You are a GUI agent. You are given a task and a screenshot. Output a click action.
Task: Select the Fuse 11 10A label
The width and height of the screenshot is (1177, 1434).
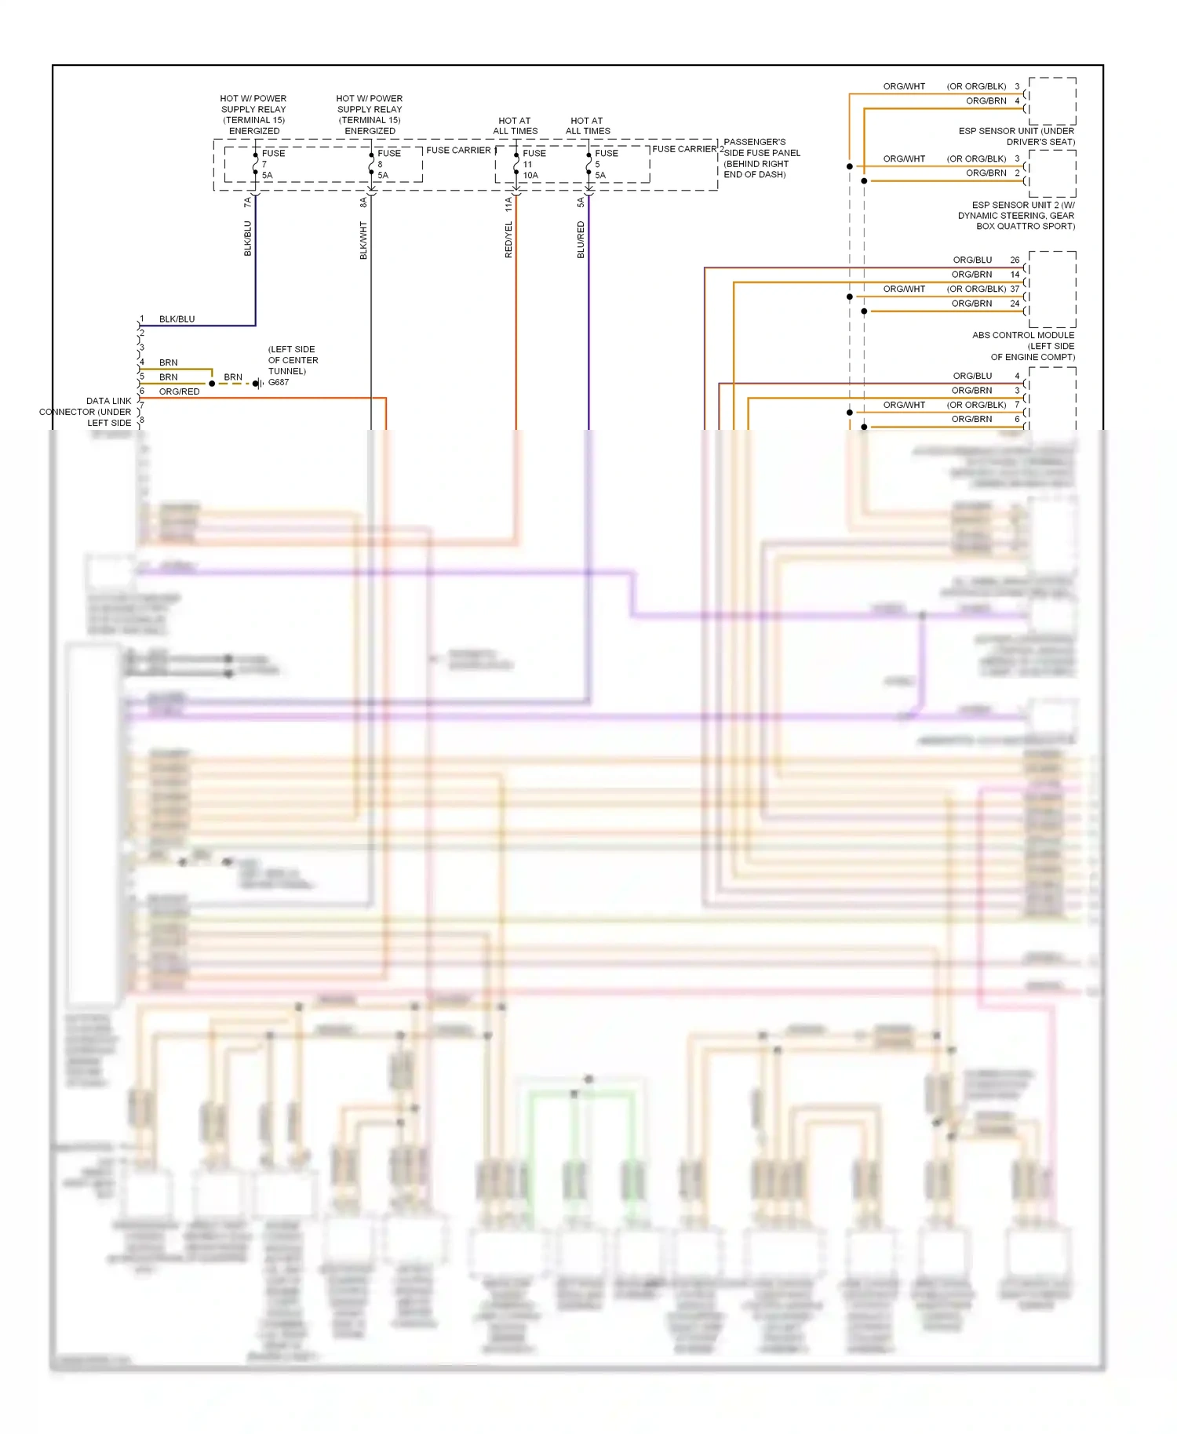click(533, 164)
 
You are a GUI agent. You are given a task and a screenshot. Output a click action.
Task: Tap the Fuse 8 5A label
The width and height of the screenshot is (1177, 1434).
click(388, 164)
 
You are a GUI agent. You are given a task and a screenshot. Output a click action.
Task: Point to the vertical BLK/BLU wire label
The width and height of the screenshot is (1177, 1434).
click(248, 238)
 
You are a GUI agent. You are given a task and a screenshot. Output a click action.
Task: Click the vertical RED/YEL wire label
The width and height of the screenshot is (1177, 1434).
click(508, 239)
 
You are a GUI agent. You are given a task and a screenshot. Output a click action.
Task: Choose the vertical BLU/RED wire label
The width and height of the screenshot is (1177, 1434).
click(581, 239)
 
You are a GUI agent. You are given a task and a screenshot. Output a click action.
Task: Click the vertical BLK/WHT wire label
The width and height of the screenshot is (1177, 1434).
click(363, 240)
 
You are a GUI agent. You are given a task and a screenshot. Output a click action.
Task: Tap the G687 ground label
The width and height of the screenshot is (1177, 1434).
click(279, 383)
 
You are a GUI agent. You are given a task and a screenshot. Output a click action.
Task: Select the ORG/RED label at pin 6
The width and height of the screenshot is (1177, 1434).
click(179, 391)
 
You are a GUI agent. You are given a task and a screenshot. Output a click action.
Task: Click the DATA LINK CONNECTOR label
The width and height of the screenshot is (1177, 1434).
click(86, 411)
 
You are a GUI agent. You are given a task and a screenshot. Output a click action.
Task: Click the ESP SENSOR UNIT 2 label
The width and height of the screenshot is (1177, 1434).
click(1016, 215)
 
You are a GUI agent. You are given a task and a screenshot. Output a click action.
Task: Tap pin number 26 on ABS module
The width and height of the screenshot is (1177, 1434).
click(1015, 260)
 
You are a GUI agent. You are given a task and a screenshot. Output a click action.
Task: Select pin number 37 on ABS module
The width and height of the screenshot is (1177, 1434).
click(1015, 289)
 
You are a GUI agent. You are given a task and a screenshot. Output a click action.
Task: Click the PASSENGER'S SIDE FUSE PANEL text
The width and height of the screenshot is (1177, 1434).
click(761, 158)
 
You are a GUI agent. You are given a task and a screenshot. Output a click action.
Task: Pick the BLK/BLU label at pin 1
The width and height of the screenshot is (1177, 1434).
click(177, 319)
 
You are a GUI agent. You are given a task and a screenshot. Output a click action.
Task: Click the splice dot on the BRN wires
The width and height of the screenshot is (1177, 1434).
click(212, 384)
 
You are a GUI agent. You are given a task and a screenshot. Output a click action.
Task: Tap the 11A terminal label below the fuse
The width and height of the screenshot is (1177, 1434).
click(508, 204)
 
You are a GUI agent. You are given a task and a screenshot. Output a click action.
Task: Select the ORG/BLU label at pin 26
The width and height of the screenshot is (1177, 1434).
click(972, 260)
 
